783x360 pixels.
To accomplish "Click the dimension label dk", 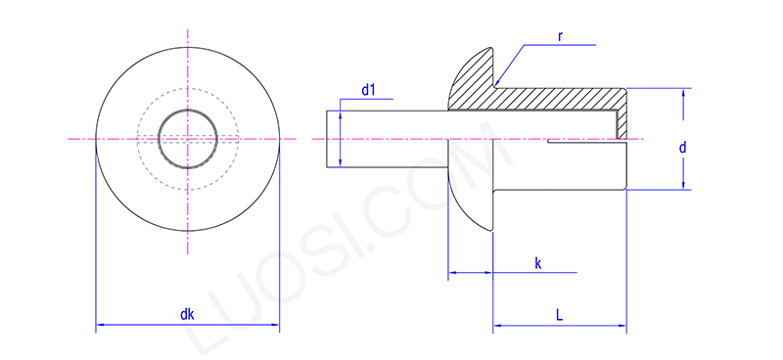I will click(x=187, y=315).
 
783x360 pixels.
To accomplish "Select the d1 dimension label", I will click(x=369, y=90).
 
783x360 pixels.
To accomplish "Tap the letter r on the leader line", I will click(x=560, y=36).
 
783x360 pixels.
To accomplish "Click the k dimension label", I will click(x=537, y=263).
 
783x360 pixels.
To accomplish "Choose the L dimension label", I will click(x=559, y=315).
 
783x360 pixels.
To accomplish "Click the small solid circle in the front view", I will click(x=187, y=139).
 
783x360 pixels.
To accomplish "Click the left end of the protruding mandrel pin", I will click(x=327, y=139).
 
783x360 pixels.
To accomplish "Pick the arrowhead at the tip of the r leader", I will click(x=498, y=80).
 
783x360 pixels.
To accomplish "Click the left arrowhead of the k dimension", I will click(x=451, y=273).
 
